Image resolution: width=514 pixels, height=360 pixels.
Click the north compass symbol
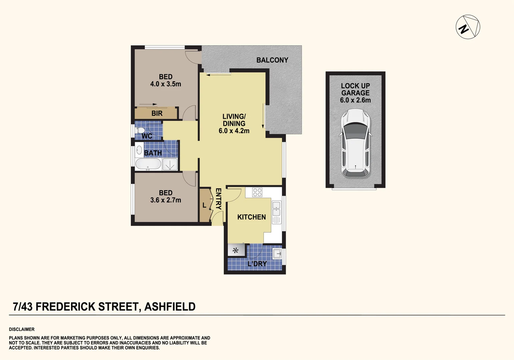coord(468,27)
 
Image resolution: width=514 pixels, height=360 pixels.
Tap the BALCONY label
coord(272,60)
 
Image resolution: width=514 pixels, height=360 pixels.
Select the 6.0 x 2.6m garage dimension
coord(355,100)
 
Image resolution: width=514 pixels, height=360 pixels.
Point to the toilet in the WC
coord(140,131)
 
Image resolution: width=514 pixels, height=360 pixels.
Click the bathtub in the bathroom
coord(148,164)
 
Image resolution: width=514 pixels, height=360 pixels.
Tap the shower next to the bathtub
coord(170,164)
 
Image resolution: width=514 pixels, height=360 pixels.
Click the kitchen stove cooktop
coord(257,192)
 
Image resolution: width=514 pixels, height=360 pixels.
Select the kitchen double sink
coord(277,209)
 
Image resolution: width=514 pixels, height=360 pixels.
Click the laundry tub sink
coord(277,254)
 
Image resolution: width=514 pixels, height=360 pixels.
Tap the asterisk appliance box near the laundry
coord(236,250)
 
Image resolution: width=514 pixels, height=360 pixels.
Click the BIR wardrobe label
coord(157,113)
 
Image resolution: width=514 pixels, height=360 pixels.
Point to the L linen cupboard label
coord(204,206)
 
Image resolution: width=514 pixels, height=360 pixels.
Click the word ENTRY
coord(218,199)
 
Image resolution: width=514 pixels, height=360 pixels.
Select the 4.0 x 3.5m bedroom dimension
coord(165,84)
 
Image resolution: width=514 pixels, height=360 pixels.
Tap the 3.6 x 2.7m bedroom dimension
coord(165,200)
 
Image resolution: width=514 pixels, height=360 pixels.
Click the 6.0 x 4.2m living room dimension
coord(234,131)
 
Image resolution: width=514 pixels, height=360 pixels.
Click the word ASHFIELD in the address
coord(170,307)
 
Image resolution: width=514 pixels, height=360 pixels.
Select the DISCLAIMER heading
coord(22,329)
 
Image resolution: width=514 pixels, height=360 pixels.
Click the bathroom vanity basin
coord(139,150)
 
